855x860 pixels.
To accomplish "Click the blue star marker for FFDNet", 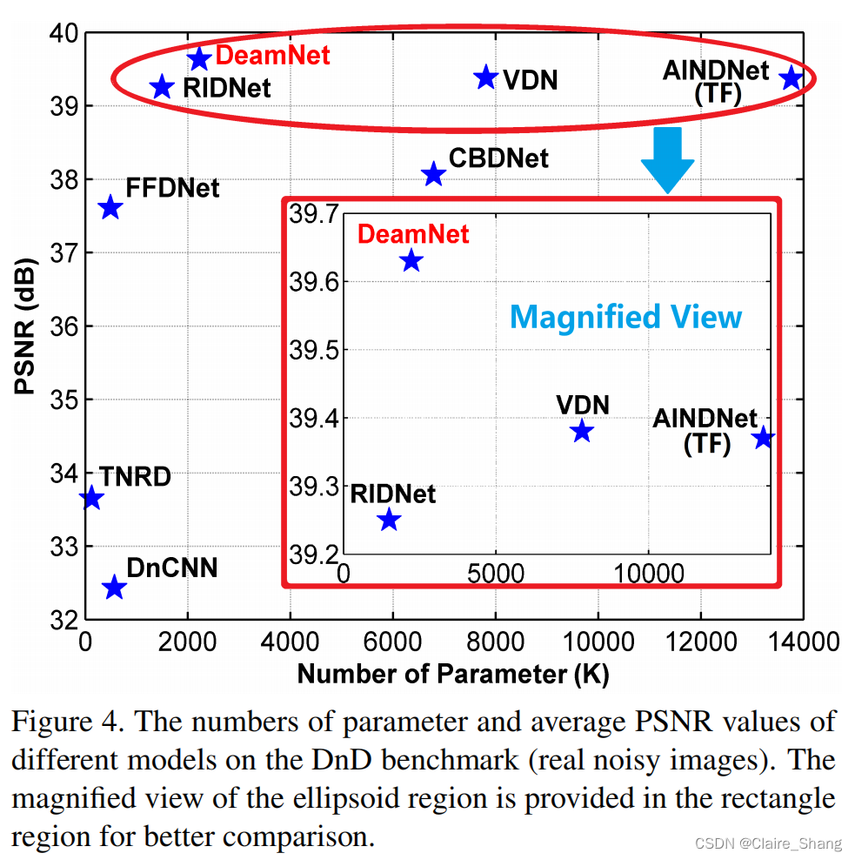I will click(110, 208).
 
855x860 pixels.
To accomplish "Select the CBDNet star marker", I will click(433, 175).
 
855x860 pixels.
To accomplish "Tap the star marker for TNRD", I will click(91, 499).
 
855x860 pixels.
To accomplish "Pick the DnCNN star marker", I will click(114, 588).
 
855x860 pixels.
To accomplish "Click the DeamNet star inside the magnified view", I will click(411, 260).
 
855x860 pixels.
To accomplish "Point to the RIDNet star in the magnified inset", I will click(389, 520).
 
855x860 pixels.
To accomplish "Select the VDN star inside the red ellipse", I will click(485, 77).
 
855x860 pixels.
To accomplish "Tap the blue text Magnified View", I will click(625, 317).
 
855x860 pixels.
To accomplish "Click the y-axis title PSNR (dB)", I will click(27, 326).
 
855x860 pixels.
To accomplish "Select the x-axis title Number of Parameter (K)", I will click(452, 675).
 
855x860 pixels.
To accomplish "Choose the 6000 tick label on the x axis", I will click(393, 643).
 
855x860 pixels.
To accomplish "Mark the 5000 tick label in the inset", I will click(495, 574).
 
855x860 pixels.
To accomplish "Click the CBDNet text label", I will click(498, 158).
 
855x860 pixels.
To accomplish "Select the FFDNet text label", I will click(172, 188).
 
